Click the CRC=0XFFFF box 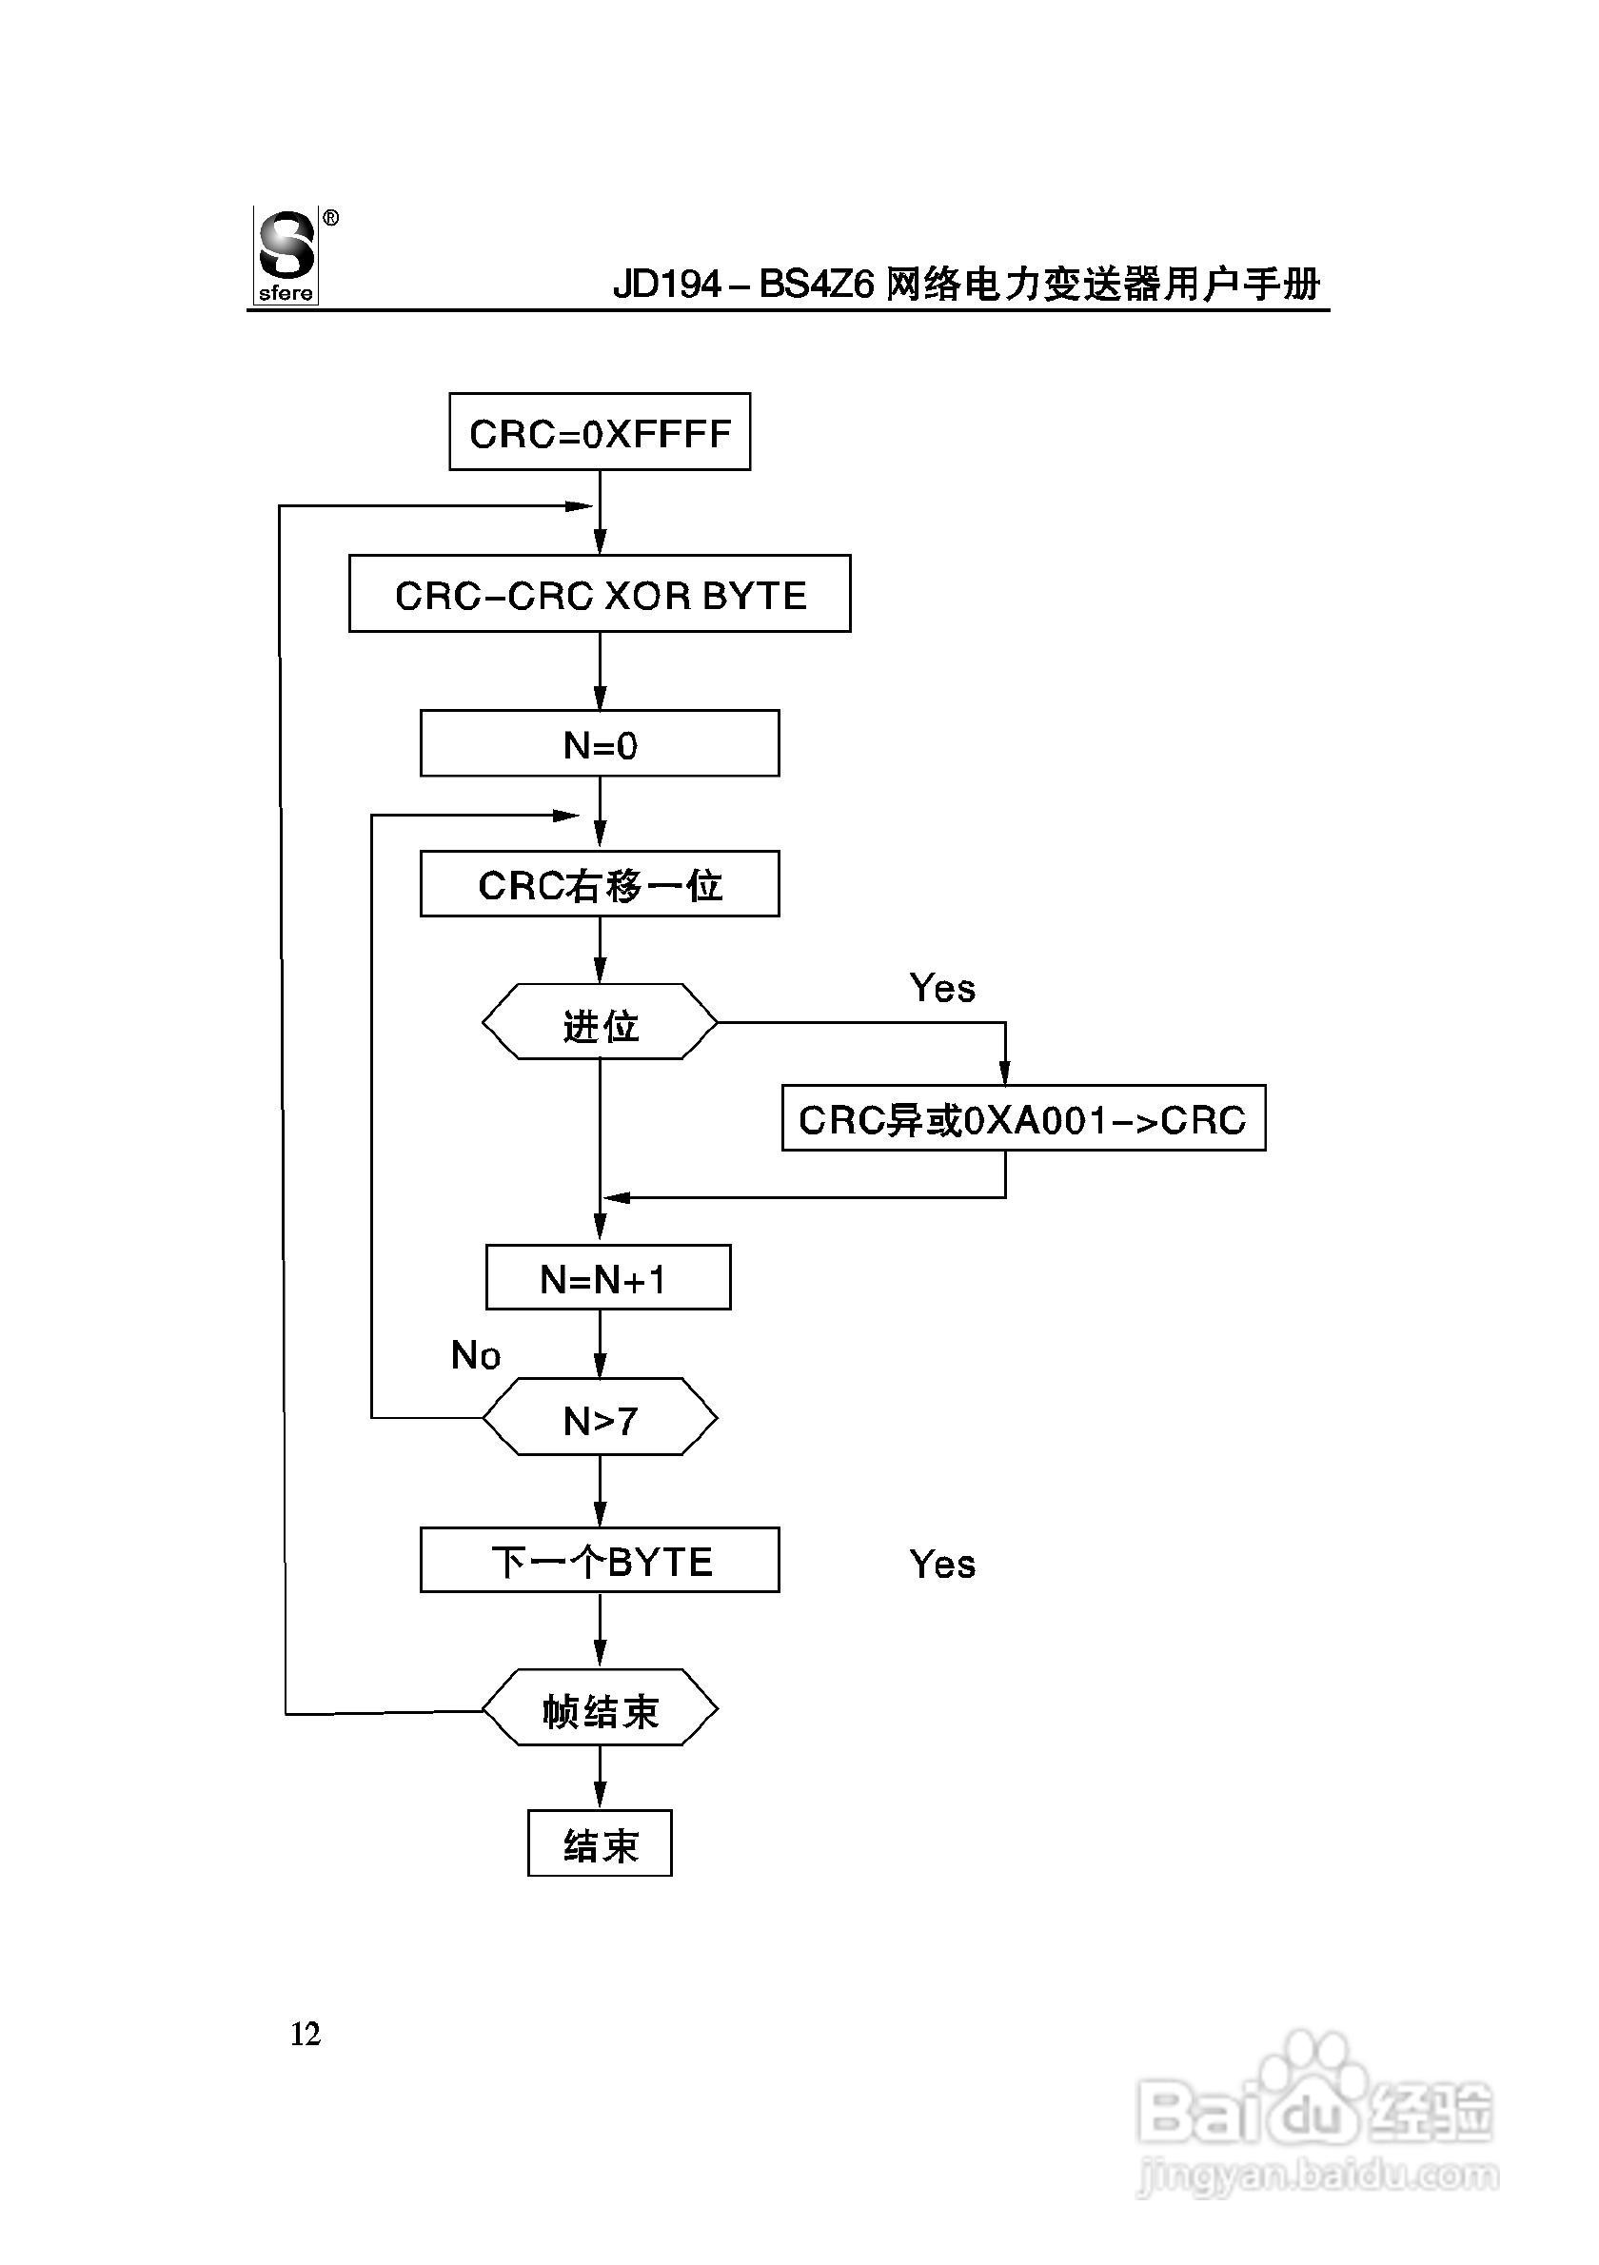pos(599,432)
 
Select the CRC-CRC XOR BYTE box pos(599,594)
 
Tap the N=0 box pos(599,744)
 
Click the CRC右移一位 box pos(599,884)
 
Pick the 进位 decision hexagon pos(599,1023)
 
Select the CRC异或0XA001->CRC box pos(1023,1118)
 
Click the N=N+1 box pos(607,1277)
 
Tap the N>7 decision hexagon pos(599,1418)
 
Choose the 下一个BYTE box pos(599,1561)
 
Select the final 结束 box pos(599,1843)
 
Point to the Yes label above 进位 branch pos(942,988)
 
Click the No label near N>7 pos(475,1355)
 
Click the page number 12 pos(305,2034)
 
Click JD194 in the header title pos(668,286)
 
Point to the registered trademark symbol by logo pos(330,218)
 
